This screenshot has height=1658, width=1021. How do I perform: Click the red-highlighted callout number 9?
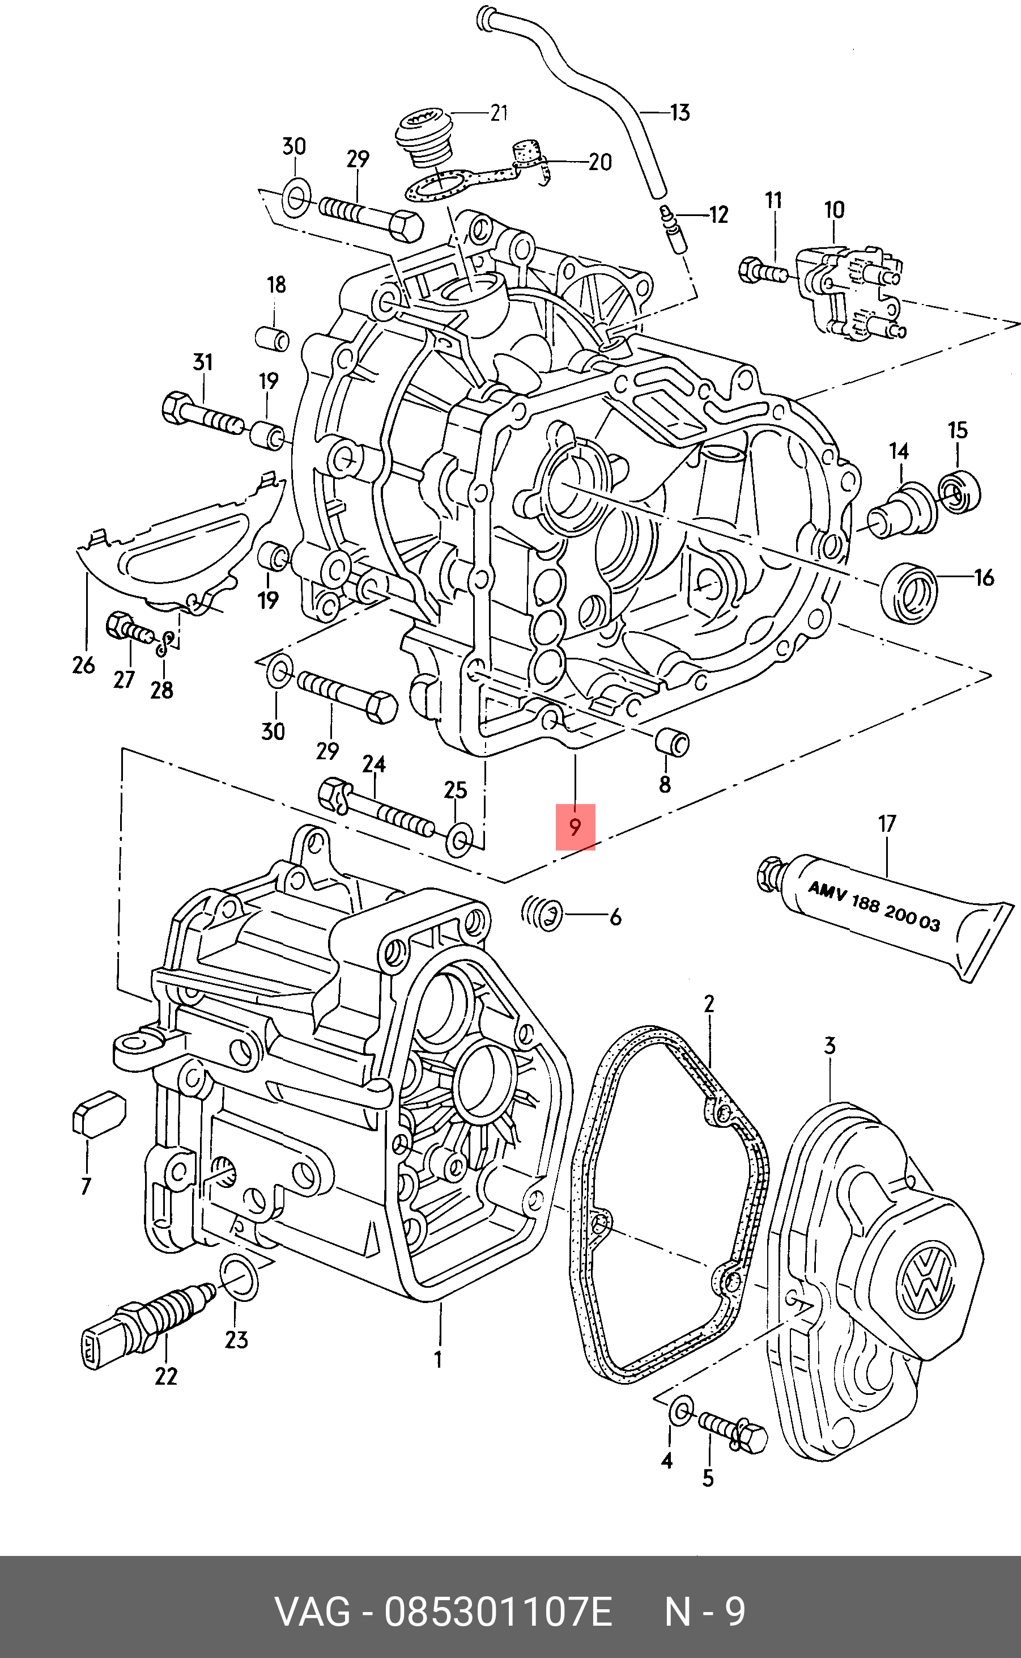coord(575,827)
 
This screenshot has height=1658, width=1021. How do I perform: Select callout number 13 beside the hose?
coord(680,112)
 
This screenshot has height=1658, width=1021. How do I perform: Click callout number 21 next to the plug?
coord(499,112)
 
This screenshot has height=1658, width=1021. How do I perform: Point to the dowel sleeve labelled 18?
coord(273,338)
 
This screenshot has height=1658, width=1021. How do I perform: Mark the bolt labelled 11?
coord(764,271)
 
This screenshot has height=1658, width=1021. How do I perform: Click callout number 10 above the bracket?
coord(834,210)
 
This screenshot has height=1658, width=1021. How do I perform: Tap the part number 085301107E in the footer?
coord(497,1613)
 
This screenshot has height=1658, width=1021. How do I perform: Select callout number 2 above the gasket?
coord(708,1004)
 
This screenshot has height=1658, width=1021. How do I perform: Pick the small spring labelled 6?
coord(542,915)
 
